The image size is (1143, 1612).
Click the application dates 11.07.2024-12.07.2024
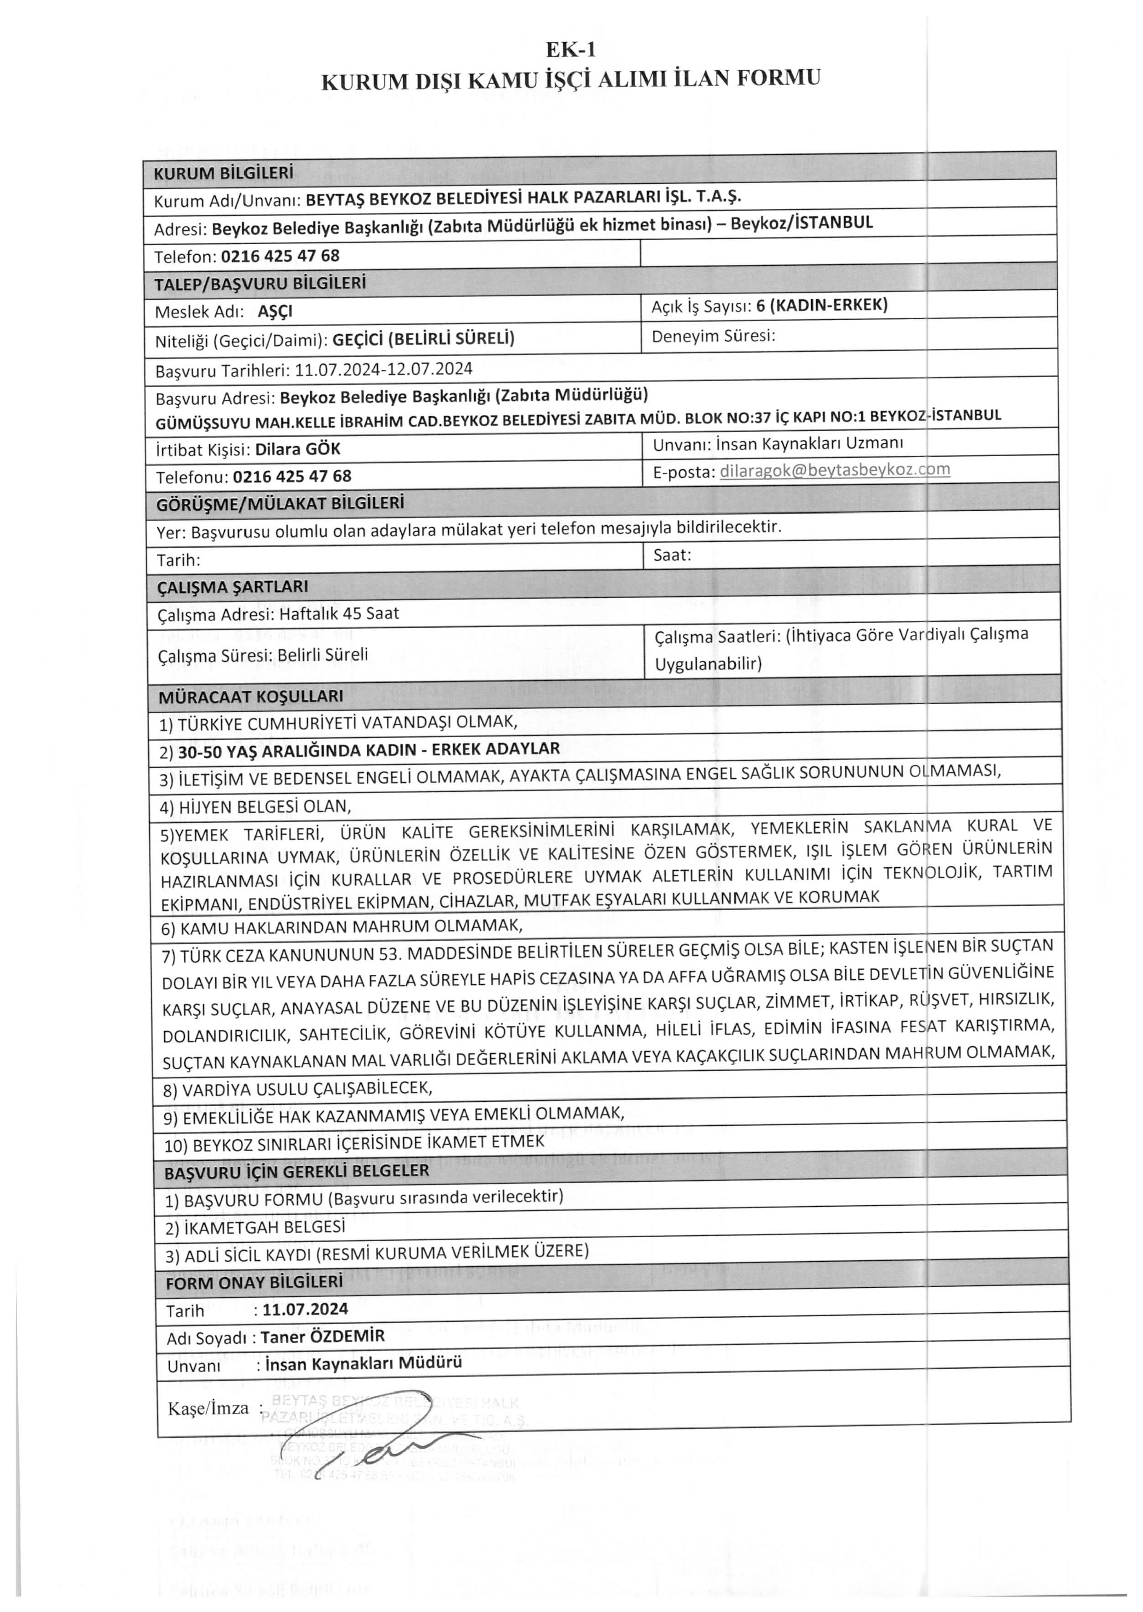(x=384, y=369)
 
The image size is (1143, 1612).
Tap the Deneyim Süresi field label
(x=713, y=336)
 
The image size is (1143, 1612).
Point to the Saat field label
(x=672, y=555)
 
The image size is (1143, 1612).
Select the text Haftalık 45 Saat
(x=339, y=614)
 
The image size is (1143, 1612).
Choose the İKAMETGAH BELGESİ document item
(x=256, y=1227)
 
